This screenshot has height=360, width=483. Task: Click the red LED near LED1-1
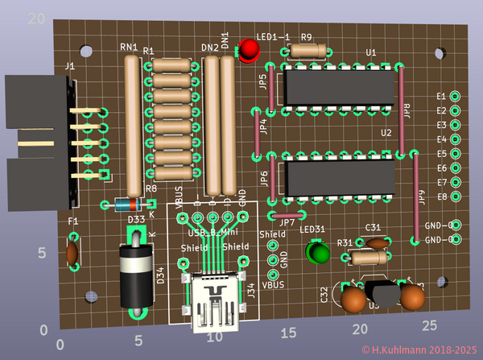point(249,52)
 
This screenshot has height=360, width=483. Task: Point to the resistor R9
point(307,51)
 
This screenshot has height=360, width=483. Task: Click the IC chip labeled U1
point(339,89)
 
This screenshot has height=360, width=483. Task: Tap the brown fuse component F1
point(72,252)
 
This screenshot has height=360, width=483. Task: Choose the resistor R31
point(367,258)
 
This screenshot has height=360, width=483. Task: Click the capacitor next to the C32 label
point(352,300)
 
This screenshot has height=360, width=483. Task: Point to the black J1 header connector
point(40,137)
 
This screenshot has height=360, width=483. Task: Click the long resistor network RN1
point(134,121)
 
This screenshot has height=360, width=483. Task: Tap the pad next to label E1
point(455,96)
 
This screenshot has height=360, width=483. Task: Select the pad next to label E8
point(454,197)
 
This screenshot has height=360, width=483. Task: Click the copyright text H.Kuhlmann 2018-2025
point(419,350)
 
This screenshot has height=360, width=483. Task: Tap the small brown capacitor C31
point(375,242)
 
